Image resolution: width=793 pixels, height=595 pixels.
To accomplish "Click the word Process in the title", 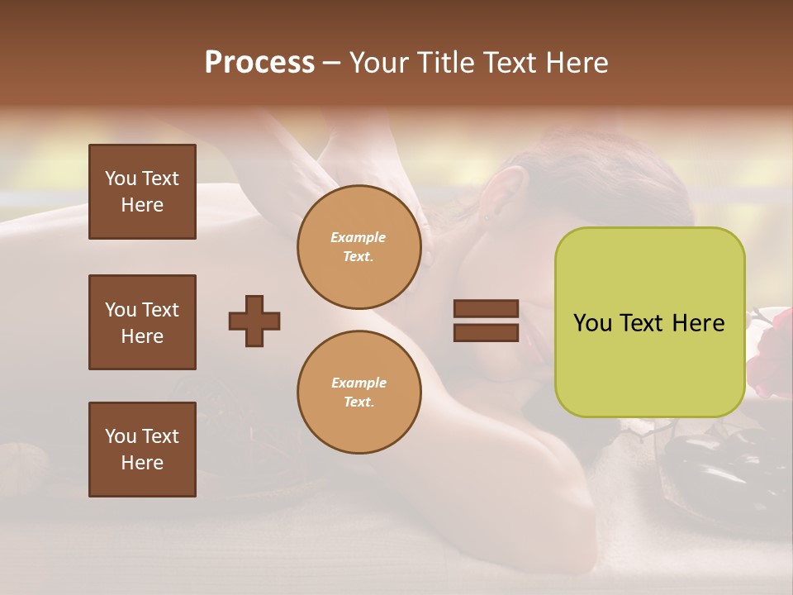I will tap(259, 63).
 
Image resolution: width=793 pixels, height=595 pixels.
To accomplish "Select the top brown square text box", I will tap(142, 192).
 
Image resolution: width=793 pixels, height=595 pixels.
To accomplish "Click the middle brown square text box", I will tap(142, 322).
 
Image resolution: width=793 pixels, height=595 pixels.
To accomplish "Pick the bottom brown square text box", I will tap(142, 450).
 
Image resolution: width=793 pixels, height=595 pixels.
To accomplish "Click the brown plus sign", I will tap(254, 321).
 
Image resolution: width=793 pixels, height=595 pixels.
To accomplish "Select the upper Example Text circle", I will tap(359, 247).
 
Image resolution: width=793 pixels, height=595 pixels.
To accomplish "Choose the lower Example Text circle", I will tap(359, 393).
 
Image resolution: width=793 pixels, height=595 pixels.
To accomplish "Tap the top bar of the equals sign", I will tap(486, 309).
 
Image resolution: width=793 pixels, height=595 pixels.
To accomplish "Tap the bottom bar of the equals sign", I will tap(486, 332).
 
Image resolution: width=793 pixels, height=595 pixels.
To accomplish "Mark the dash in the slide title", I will tap(331, 64).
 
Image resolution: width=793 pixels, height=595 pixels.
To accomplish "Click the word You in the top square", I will tap(120, 178).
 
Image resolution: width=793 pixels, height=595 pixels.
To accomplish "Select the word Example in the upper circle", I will tap(359, 237).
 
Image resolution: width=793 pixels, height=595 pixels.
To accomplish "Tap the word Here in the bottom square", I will tap(142, 463).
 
